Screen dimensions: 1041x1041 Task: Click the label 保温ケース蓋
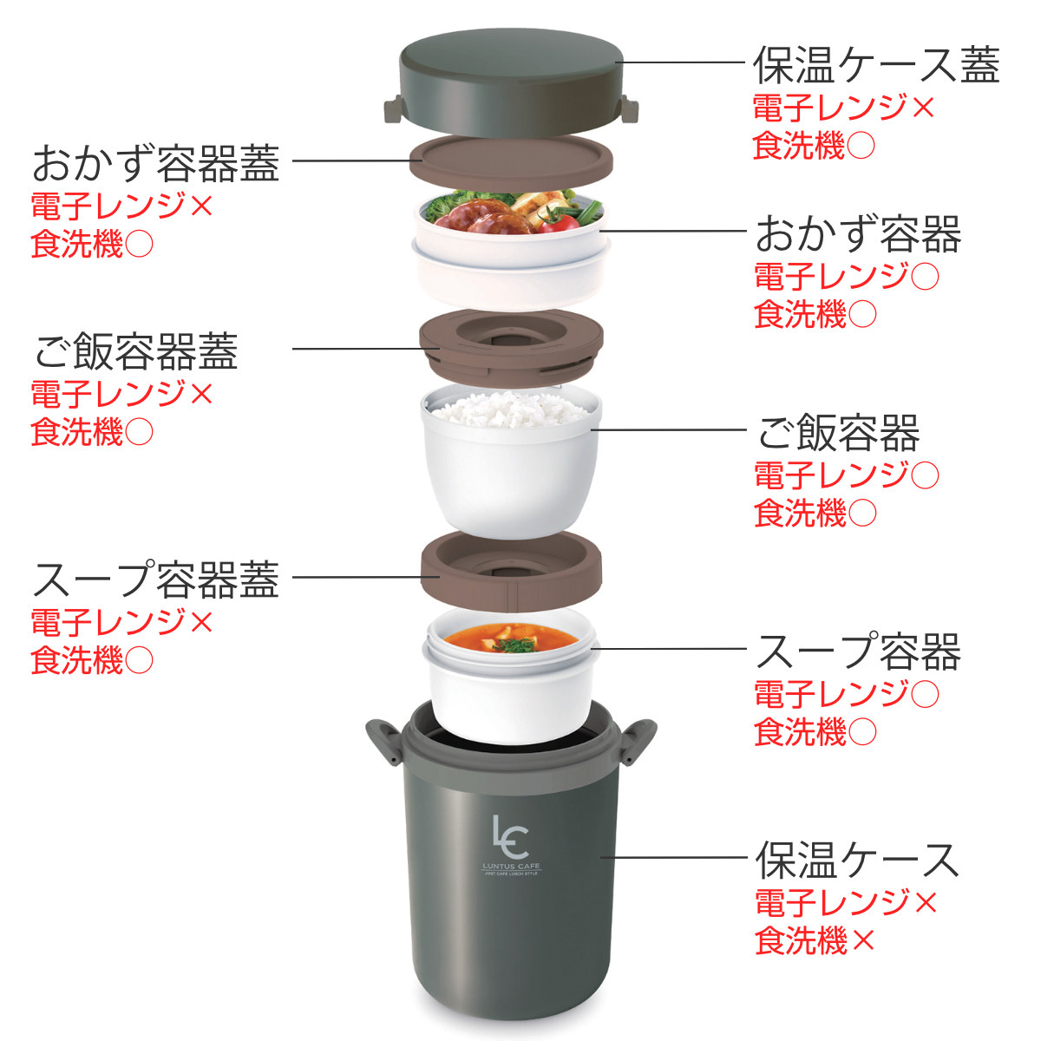click(875, 65)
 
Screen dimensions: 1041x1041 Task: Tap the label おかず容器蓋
click(156, 162)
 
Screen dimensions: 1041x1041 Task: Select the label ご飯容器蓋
click(136, 350)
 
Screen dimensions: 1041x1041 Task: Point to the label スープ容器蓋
click(156, 579)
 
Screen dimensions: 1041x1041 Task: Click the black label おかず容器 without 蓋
click(859, 233)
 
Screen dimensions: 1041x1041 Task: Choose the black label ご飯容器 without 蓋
click(838, 432)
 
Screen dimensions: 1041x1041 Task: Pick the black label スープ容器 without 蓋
click(859, 651)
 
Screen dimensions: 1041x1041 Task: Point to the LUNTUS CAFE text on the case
click(511, 866)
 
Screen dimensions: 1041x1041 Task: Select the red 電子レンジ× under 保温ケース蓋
click(843, 107)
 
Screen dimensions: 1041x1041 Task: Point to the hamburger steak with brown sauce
click(486, 216)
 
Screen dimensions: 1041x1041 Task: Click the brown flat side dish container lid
click(510, 161)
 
